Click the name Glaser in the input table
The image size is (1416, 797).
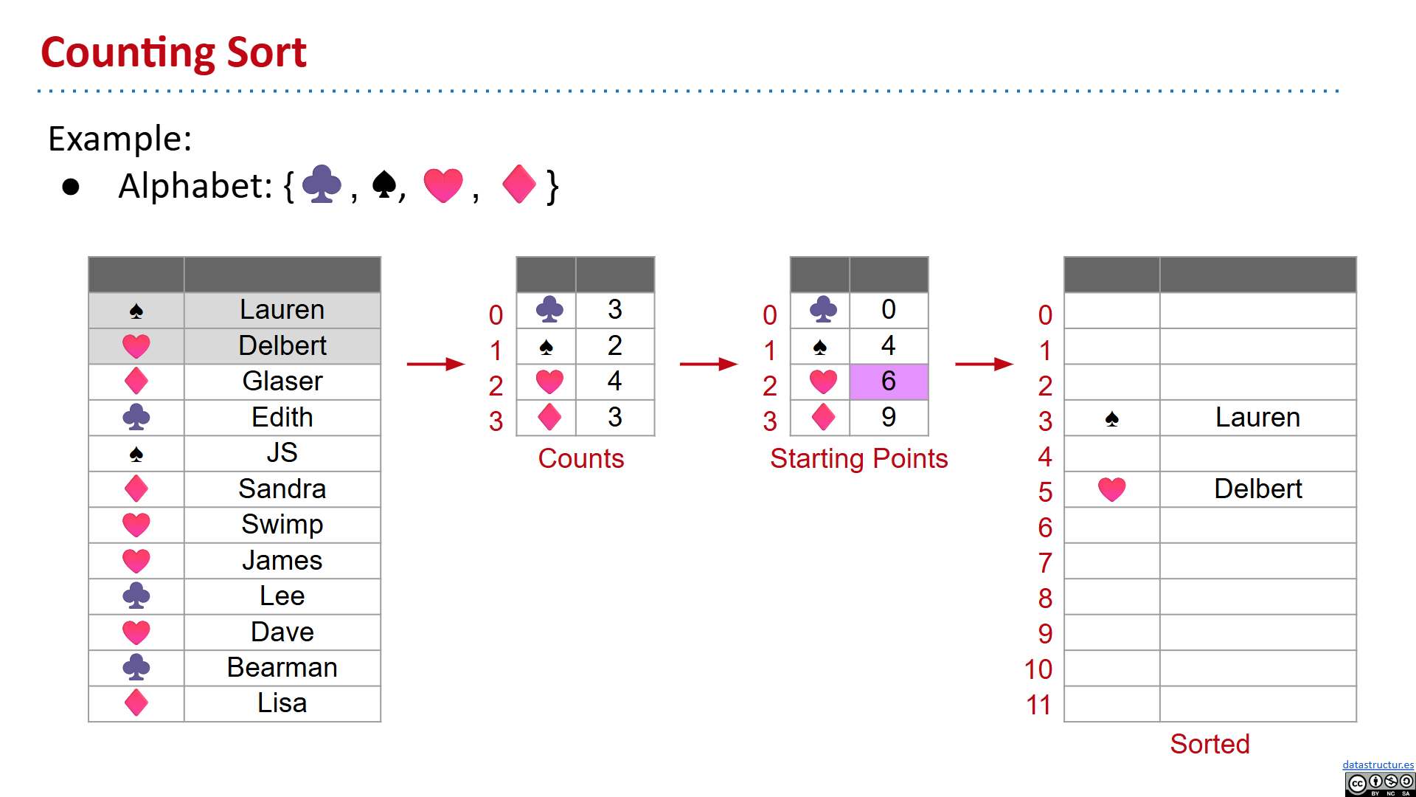(282, 382)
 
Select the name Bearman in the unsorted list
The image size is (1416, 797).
(282, 668)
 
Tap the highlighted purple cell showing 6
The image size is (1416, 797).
(889, 382)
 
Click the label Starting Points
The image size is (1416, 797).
(858, 459)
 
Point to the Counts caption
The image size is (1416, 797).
(581, 459)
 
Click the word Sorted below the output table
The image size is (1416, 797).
(1209, 744)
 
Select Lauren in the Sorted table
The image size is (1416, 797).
(1257, 418)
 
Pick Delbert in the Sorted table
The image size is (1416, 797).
(1257, 489)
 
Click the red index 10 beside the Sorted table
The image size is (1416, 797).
(1038, 669)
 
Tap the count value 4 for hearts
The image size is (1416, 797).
(614, 382)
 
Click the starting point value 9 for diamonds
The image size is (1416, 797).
(889, 418)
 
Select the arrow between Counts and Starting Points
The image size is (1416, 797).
(708, 364)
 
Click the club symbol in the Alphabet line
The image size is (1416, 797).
(322, 184)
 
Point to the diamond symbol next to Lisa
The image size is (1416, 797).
(136, 703)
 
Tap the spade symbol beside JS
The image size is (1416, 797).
(136, 454)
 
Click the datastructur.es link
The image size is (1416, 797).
(1378, 765)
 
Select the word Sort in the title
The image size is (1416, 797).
(266, 53)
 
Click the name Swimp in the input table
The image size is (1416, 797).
(282, 525)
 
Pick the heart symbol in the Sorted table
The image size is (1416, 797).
(1111, 489)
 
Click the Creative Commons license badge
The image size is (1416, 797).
(1379, 784)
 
